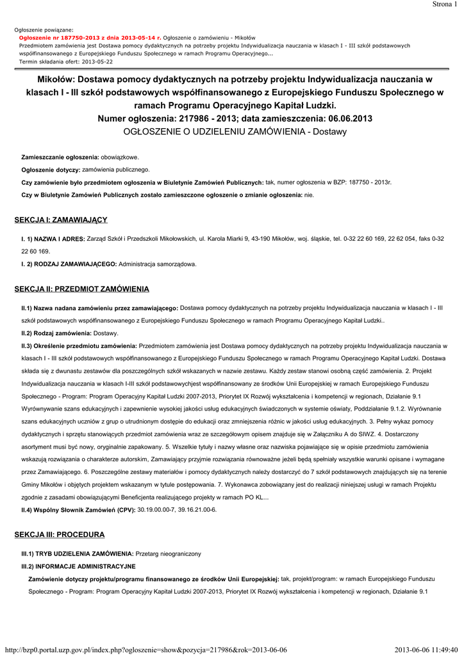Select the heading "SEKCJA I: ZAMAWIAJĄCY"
pyautogui.click(x=61, y=220)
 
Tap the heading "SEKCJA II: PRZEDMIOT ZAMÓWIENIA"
pyautogui.click(x=81, y=289)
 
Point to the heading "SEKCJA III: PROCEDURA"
pyautogui.click(x=59, y=534)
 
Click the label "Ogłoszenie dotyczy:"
pyautogui.click(x=51, y=170)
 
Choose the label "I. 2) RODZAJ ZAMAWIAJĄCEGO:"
pyautogui.click(x=69, y=264)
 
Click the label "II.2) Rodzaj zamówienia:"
pyautogui.click(x=56, y=333)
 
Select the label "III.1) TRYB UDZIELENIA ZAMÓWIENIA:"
pyautogui.click(x=78, y=553)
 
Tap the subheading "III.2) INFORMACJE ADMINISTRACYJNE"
pyautogui.click(x=79, y=566)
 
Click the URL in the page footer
pyautogui.click(x=145, y=650)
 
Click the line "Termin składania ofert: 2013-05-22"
pyautogui.click(x=66, y=61)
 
